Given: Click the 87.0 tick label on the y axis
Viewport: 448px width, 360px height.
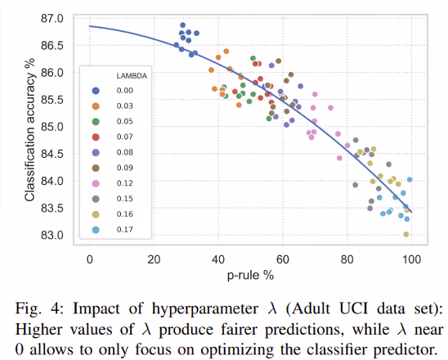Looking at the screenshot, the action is tap(52, 19).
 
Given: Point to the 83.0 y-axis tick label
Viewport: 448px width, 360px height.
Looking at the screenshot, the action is tap(52, 235).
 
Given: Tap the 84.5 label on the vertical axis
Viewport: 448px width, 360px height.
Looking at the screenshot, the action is tap(52, 154).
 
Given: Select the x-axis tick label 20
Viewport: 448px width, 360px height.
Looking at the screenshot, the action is tap(154, 259).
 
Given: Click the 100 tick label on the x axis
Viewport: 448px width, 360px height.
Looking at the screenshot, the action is tap(411, 259).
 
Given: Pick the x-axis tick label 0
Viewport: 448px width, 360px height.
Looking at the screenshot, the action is tap(90, 259).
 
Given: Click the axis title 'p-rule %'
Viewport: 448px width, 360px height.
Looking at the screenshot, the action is tap(250, 276).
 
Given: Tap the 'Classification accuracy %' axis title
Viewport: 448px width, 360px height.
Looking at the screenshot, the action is tap(29, 129).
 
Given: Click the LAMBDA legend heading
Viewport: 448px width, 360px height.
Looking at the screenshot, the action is tap(132, 76).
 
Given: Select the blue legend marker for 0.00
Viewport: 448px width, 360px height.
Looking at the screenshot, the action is tap(96, 91).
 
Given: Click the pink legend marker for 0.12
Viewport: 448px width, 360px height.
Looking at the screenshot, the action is tap(96, 183).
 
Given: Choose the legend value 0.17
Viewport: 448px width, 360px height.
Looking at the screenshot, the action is tap(125, 230).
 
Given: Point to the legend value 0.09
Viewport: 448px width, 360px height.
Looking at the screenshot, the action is tap(125, 168).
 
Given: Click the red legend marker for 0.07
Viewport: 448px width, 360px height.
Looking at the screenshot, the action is tap(96, 137).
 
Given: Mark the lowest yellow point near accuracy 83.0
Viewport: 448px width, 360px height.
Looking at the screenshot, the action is tap(406, 235).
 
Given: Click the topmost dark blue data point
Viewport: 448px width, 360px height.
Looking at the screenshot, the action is tap(183, 25).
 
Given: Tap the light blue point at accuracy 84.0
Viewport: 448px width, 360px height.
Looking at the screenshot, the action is tap(410, 179).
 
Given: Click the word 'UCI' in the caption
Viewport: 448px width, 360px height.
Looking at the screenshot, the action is tap(353, 308).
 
